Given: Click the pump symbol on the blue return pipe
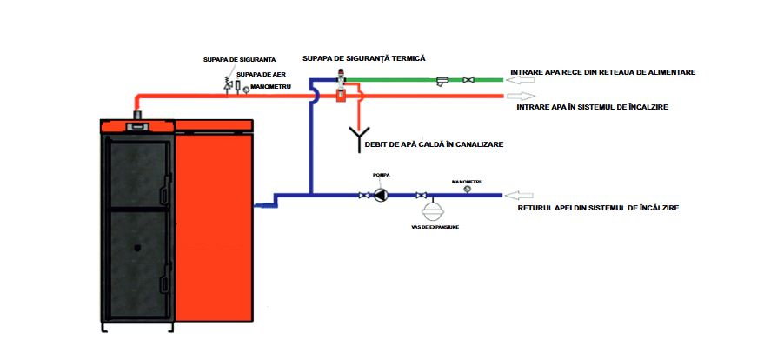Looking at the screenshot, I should [381, 196].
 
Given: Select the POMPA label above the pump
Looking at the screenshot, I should [381, 175].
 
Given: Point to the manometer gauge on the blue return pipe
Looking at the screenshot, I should [466, 189].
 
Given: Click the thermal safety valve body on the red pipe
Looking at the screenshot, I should [341, 87].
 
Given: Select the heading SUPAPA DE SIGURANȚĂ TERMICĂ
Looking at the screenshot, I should [363, 58].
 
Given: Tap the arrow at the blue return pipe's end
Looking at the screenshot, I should [522, 196].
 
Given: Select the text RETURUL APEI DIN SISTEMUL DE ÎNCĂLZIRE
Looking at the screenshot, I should [598, 209].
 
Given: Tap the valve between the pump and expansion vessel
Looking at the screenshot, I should [422, 196].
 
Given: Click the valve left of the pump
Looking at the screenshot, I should [363, 196].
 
